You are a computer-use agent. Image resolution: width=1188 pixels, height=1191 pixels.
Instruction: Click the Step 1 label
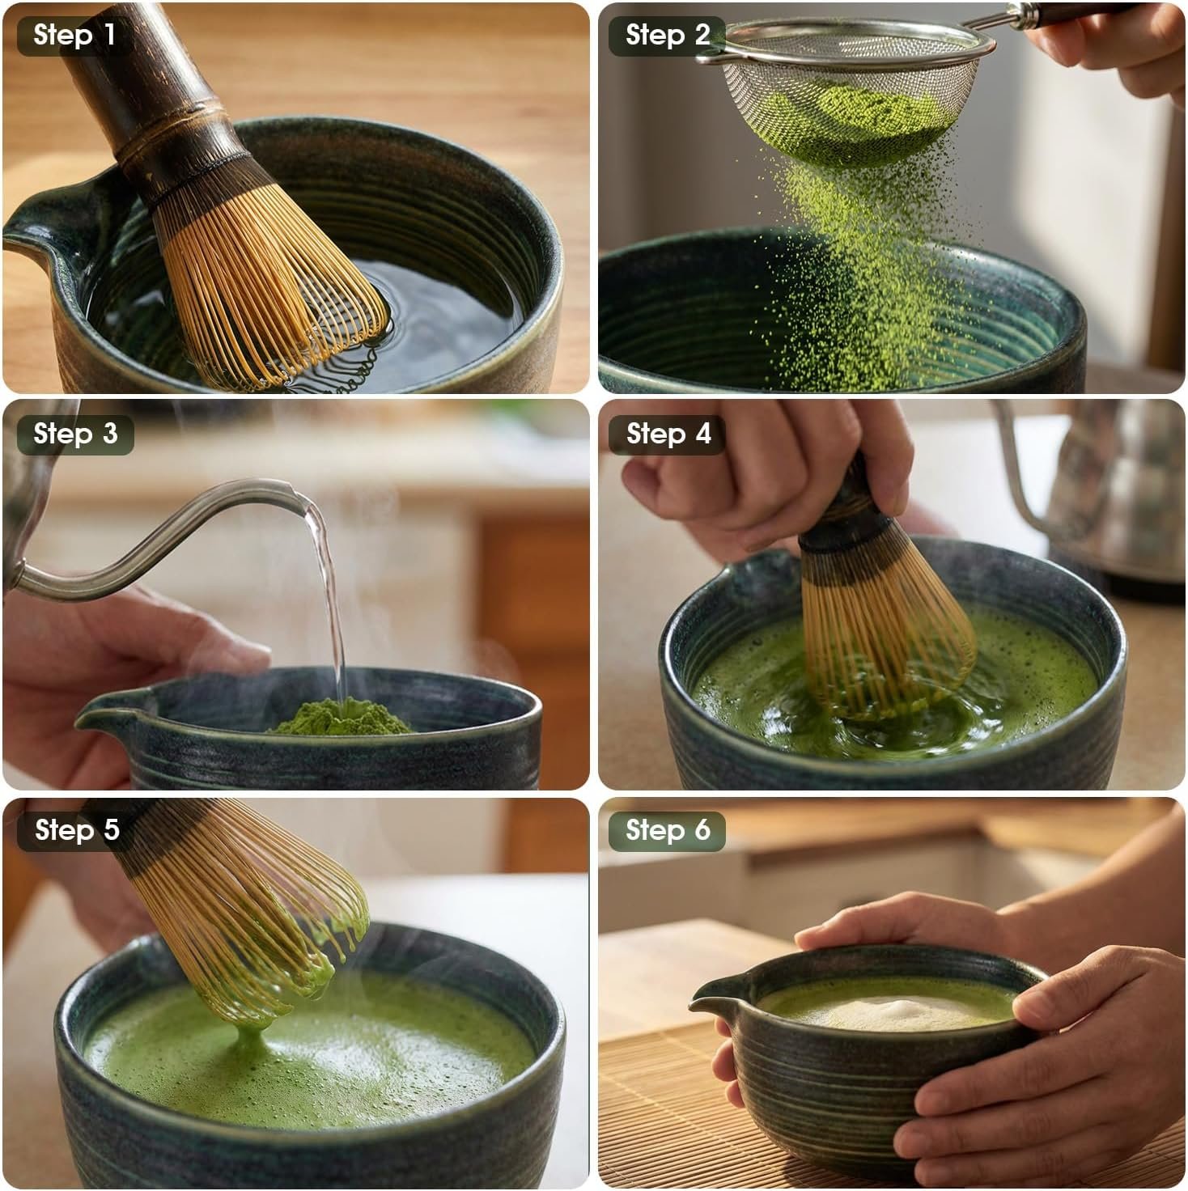(x=74, y=36)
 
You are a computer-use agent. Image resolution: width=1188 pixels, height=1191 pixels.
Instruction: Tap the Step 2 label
(x=667, y=36)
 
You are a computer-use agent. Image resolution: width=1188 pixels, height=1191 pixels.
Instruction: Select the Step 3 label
(x=74, y=434)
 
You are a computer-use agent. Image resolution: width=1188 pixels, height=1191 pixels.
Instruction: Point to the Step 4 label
(x=668, y=434)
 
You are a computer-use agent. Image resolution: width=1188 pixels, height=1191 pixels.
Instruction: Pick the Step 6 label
(x=668, y=830)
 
